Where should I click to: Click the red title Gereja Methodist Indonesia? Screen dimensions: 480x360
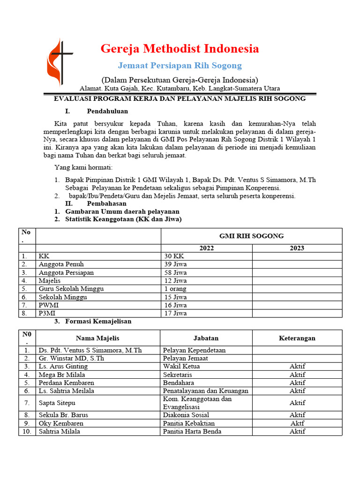[x=180, y=49]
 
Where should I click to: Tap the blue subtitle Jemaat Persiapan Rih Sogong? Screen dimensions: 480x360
[x=180, y=65]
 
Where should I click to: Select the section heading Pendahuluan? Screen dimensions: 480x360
[x=107, y=111]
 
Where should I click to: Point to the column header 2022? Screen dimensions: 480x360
[x=207, y=248]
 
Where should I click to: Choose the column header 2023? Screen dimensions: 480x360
[x=297, y=248]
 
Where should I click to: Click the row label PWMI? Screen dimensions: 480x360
[x=49, y=305]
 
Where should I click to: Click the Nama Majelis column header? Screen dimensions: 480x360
[x=97, y=338]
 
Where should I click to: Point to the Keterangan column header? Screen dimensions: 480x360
[x=297, y=338]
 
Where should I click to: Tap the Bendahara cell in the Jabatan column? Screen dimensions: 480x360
[x=178, y=382]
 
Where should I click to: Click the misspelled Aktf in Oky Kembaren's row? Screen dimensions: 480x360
[x=297, y=423]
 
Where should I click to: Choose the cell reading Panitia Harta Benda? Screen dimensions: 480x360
[x=192, y=431]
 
